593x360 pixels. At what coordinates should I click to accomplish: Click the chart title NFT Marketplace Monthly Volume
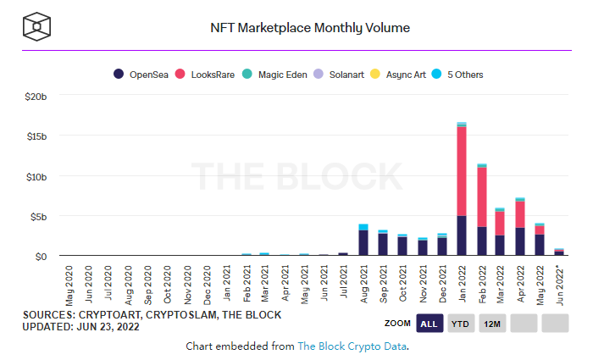tap(310, 28)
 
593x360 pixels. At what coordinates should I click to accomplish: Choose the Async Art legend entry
tap(401, 75)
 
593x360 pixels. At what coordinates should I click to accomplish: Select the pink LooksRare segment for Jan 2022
tap(462, 169)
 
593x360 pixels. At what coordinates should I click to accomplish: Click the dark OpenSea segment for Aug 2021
tap(363, 242)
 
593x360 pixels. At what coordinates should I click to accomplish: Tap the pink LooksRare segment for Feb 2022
tap(481, 197)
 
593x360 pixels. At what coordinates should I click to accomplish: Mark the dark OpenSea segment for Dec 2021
tap(442, 246)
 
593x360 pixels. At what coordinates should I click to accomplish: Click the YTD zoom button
tap(461, 324)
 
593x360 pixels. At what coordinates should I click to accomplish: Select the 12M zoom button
tap(493, 324)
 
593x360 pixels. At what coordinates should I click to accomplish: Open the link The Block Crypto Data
tap(352, 346)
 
